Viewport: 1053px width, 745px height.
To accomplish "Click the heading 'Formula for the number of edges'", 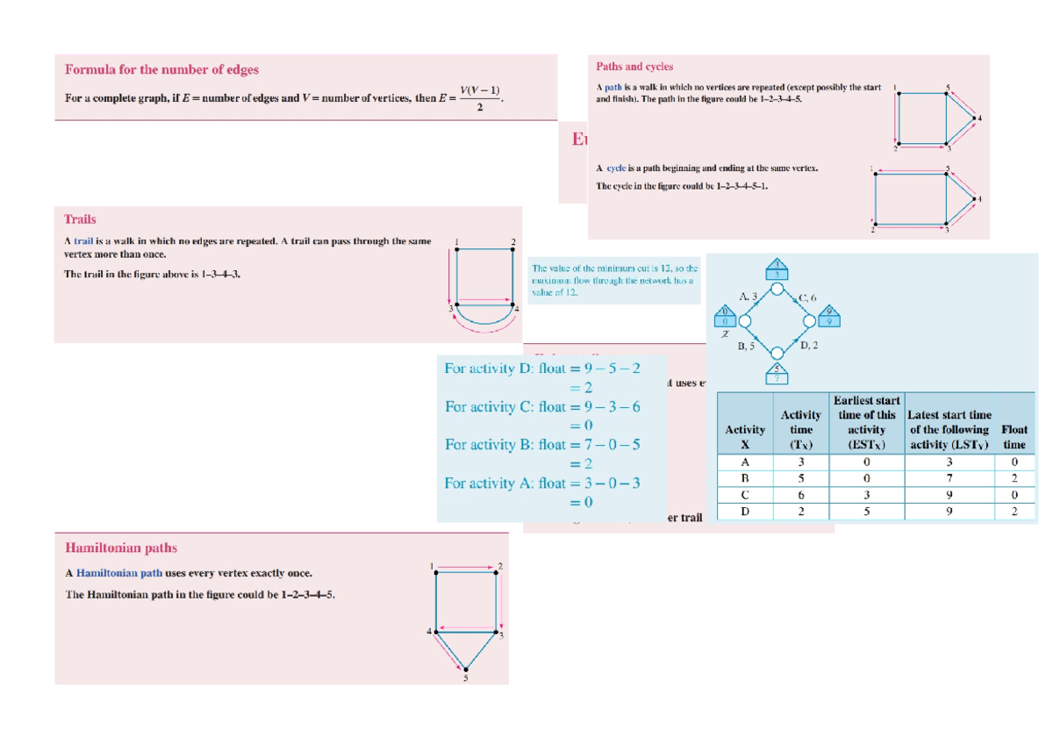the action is click(x=161, y=69).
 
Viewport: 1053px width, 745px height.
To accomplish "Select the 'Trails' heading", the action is click(x=80, y=219).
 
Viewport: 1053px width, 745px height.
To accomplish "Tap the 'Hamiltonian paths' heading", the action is click(x=121, y=548).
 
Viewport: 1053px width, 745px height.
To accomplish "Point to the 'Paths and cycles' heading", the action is click(x=634, y=66).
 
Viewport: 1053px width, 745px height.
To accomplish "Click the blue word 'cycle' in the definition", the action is click(x=618, y=168).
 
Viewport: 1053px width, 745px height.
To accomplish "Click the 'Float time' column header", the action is click(x=1014, y=437).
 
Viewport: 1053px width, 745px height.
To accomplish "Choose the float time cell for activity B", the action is click(x=1014, y=478).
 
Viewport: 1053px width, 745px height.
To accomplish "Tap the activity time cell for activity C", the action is click(x=800, y=495).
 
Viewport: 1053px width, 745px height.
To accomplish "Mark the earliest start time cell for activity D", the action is click(x=866, y=512).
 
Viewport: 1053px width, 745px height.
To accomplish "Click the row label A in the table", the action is click(x=745, y=462).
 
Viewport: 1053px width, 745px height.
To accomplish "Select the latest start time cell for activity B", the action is click(x=949, y=478).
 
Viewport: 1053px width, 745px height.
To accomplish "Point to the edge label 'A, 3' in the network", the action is click(x=748, y=297).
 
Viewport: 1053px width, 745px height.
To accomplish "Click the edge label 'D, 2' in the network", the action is click(x=809, y=346).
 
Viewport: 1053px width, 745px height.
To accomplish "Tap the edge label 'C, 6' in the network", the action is click(x=806, y=298).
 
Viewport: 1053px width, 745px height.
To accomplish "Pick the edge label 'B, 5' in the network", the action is click(x=747, y=347).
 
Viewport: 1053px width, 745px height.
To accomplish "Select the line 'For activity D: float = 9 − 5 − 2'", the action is click(x=542, y=369).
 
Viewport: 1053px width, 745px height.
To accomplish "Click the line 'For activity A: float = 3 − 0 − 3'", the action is click(x=541, y=483).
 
